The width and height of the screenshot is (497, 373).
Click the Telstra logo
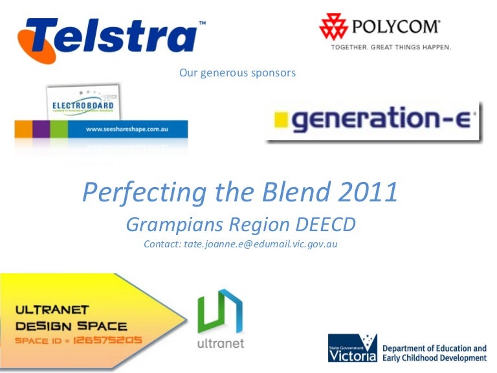110,36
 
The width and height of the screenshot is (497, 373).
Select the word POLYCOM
396,27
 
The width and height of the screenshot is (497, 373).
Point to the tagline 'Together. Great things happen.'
391,47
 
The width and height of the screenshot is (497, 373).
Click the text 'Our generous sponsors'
237,73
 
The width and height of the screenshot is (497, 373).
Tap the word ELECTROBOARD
83,106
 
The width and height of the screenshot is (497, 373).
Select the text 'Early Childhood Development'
434,358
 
